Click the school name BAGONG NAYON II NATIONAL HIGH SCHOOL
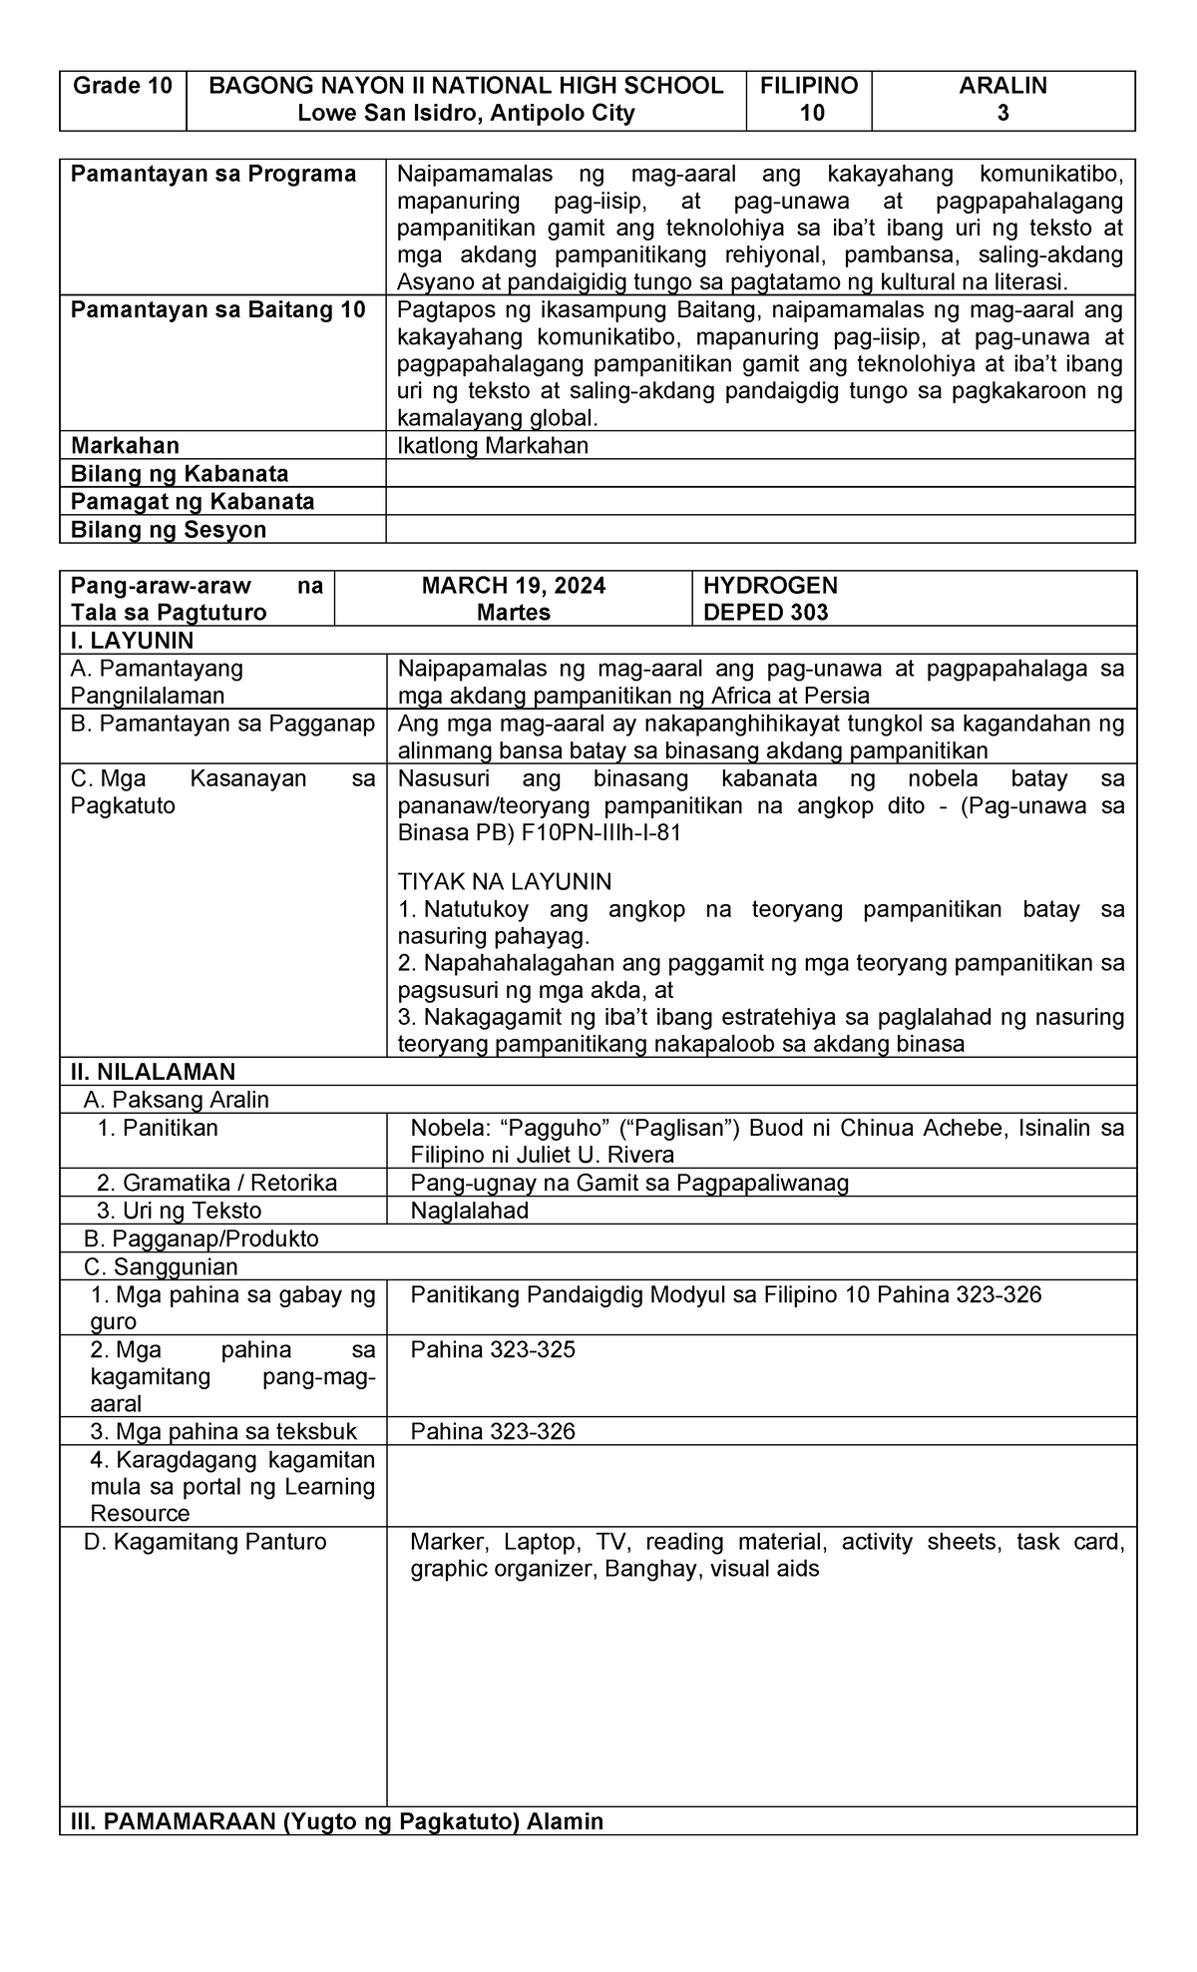tap(466, 86)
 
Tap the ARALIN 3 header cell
tap(1002, 99)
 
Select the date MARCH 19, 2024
tap(513, 585)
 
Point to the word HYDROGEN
tap(770, 585)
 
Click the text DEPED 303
tap(765, 613)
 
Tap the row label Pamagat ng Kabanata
tap(193, 501)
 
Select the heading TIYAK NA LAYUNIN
tap(505, 882)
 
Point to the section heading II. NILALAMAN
tap(153, 1072)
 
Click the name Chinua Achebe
tap(897, 1128)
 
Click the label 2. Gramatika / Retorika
tap(216, 1183)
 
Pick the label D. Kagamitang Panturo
tap(205, 1542)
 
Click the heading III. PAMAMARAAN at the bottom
tap(331, 1821)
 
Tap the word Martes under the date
tap(513, 613)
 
